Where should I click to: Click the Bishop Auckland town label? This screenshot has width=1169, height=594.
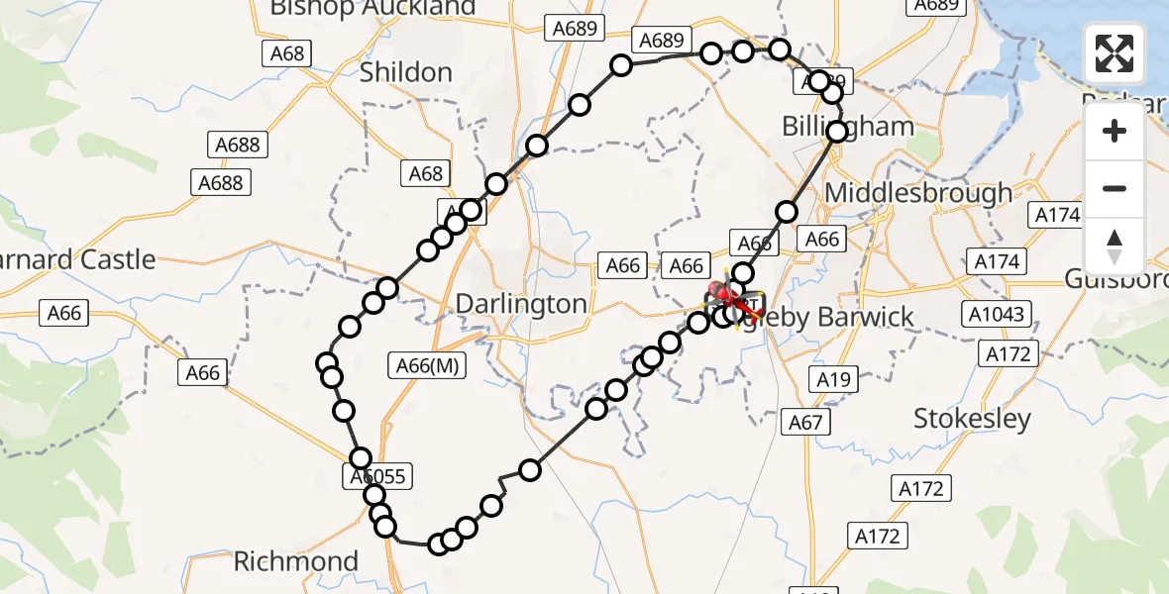372,9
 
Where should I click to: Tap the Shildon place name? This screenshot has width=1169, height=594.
406,72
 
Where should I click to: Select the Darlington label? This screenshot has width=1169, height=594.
521,303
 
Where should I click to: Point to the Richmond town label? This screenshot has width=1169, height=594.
295,562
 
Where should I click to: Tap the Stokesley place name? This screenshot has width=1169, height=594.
972,419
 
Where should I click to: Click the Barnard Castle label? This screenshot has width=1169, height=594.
79,260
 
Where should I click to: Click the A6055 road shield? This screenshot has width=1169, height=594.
377,477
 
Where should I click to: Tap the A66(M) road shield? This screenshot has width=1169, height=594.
427,365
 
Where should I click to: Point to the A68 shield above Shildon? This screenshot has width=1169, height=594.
287,53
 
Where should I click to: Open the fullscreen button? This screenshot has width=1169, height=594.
1115,53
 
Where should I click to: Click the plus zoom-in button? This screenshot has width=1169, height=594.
1115,131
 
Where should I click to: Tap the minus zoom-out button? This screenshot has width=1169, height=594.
1115,188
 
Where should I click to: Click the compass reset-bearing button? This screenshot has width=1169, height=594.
1115,246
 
